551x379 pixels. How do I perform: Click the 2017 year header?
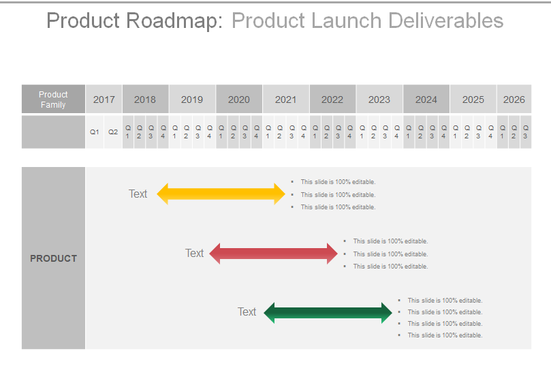(x=104, y=100)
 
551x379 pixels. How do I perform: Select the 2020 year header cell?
(x=238, y=100)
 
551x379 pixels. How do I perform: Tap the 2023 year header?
(x=379, y=100)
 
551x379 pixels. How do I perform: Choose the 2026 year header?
(x=514, y=100)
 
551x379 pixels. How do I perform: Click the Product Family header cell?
(x=53, y=100)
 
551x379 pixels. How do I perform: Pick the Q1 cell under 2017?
(x=95, y=132)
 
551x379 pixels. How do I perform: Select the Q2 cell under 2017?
(x=113, y=132)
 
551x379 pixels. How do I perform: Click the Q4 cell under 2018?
(x=163, y=132)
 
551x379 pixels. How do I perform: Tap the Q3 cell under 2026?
(x=525, y=132)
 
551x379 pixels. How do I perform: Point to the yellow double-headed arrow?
(x=221, y=194)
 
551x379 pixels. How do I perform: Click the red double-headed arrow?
(x=274, y=254)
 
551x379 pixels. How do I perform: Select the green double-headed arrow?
(x=328, y=313)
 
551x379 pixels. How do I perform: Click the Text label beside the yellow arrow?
(x=138, y=194)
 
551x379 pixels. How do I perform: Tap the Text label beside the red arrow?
(x=194, y=253)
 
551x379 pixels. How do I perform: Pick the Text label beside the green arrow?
(x=247, y=312)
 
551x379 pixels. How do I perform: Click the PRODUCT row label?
(x=53, y=258)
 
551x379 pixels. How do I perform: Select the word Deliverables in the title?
(x=446, y=21)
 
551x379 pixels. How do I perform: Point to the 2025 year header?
(x=473, y=100)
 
